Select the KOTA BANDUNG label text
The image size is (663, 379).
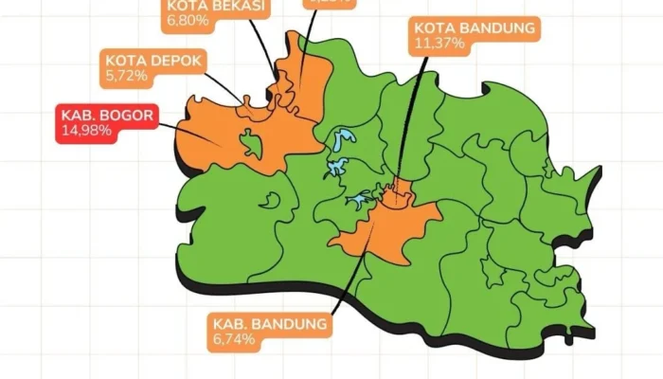(475, 27)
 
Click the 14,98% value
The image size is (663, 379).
(88, 130)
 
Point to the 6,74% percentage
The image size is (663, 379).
(233, 338)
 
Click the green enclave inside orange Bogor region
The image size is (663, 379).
(250, 143)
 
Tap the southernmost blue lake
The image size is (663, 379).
(359, 200)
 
